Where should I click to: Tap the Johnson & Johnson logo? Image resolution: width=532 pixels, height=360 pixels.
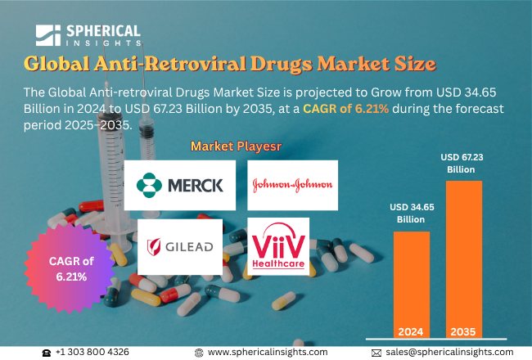click(x=291, y=185)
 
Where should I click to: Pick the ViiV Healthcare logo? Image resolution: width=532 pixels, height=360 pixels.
click(x=278, y=245)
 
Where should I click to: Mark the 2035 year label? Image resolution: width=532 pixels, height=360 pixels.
click(x=463, y=332)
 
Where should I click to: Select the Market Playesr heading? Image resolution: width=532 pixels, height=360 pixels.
click(x=231, y=146)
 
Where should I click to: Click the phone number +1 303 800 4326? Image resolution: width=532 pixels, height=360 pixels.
click(x=92, y=352)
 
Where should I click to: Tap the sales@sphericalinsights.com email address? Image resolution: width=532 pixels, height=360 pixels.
click(x=449, y=352)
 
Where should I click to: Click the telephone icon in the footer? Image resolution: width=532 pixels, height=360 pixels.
click(x=47, y=352)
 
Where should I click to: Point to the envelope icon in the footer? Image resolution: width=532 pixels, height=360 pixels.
click(x=376, y=352)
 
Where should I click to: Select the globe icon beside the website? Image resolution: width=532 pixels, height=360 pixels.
click(x=199, y=352)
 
